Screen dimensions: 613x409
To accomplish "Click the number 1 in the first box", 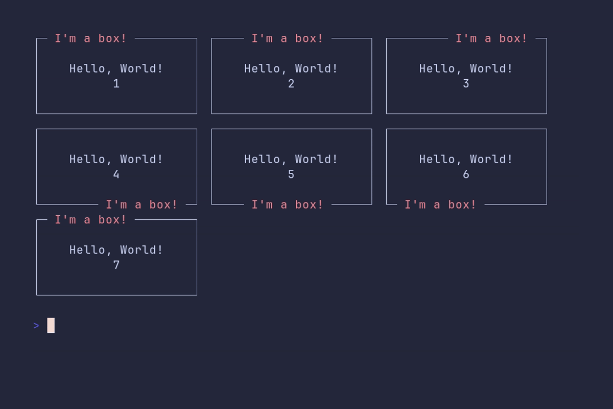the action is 116,83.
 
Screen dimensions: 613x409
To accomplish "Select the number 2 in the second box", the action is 291,83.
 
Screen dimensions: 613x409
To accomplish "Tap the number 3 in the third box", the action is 466,83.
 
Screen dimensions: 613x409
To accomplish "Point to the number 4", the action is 116,174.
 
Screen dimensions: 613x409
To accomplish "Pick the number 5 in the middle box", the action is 291,174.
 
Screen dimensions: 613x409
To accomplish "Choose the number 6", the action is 466,174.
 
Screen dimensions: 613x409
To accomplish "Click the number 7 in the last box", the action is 116,265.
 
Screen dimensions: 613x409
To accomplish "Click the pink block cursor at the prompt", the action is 51,326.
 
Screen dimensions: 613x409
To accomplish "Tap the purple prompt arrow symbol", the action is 36,326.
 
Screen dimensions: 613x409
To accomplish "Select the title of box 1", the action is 90,38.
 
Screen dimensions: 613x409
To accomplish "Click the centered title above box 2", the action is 287,38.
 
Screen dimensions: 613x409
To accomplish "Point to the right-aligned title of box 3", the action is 491,38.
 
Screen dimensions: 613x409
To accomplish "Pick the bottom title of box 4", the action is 142,204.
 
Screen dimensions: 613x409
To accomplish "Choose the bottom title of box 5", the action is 287,204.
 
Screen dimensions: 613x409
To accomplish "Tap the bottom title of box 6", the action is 440,204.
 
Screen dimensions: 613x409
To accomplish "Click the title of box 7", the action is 90,220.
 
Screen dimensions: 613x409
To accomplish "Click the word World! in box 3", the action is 491,69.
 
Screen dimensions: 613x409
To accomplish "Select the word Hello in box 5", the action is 262,159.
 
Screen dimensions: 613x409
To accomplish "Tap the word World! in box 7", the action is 141,250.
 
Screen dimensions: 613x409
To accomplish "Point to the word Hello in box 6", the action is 437,159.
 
